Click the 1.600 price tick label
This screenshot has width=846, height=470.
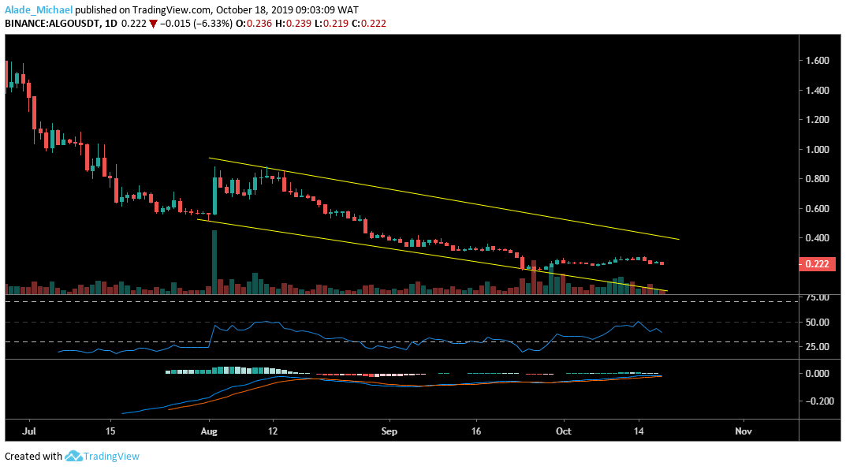click(x=817, y=61)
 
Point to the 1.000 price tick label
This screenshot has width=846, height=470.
click(x=817, y=150)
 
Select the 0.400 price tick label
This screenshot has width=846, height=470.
click(x=817, y=238)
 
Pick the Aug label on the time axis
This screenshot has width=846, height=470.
click(x=209, y=432)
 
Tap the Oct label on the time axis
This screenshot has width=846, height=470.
click(x=563, y=432)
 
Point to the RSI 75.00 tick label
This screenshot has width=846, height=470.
click(x=816, y=298)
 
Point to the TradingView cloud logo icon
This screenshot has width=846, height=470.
click(x=74, y=456)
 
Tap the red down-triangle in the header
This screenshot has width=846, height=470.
click(x=154, y=24)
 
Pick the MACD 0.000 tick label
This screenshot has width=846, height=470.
click(x=817, y=373)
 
